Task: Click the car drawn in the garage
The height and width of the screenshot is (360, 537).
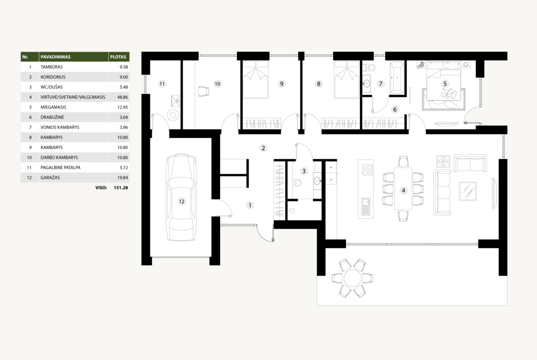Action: pos(181,198)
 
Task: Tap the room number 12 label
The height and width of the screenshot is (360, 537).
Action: pos(181,202)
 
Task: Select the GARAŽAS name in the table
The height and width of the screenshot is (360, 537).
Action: pos(50,177)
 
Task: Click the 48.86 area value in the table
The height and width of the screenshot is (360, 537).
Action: pos(123,97)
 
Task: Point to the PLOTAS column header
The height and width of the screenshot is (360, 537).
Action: pos(118,57)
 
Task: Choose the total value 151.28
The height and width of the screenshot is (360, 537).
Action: pos(121,188)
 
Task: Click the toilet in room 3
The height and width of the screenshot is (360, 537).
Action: pos(297,183)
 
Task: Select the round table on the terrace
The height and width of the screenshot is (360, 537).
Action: pos(353,278)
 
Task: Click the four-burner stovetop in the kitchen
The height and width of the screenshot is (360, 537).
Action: pos(368,170)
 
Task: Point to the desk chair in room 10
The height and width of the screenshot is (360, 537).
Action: pos(203,92)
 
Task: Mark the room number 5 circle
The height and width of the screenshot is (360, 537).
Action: pos(445,83)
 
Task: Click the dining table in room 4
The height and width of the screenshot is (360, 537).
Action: pos(403,188)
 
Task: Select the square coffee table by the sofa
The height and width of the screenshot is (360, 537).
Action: pos(468,191)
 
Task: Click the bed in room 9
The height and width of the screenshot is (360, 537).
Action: pos(255,80)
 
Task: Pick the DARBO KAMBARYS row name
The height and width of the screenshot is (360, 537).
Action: pos(59,157)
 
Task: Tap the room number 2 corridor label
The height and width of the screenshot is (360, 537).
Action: pos(263,148)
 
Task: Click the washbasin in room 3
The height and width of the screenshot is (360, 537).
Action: pos(317,180)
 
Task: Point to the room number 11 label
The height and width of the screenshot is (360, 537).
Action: pos(162,83)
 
